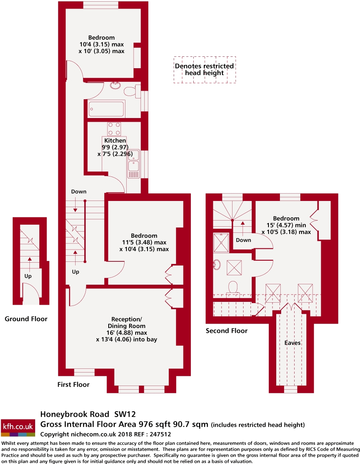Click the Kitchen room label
point(115,141)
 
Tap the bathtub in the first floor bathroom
point(106,109)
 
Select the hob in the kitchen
point(113,129)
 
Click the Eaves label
point(293,343)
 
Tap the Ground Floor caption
point(26,319)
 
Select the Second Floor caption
point(226,331)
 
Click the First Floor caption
point(74,384)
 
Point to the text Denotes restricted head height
point(204,69)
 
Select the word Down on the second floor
point(244,240)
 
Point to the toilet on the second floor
point(234,287)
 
